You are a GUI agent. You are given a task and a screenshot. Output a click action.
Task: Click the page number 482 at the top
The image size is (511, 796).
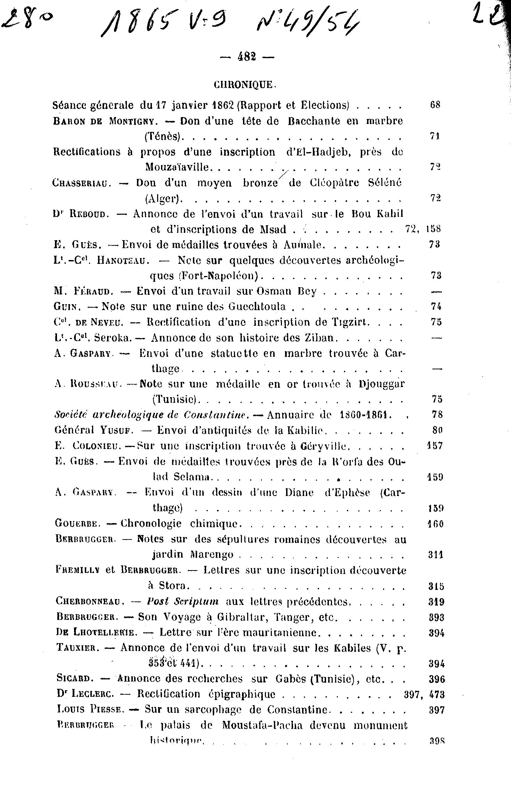247,56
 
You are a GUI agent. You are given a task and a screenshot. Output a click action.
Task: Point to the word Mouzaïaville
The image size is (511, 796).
177,167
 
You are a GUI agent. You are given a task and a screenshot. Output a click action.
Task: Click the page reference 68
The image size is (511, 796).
435,105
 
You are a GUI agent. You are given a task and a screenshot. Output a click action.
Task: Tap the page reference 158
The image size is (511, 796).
433,229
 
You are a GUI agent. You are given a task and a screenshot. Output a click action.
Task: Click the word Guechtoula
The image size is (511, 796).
257,306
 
